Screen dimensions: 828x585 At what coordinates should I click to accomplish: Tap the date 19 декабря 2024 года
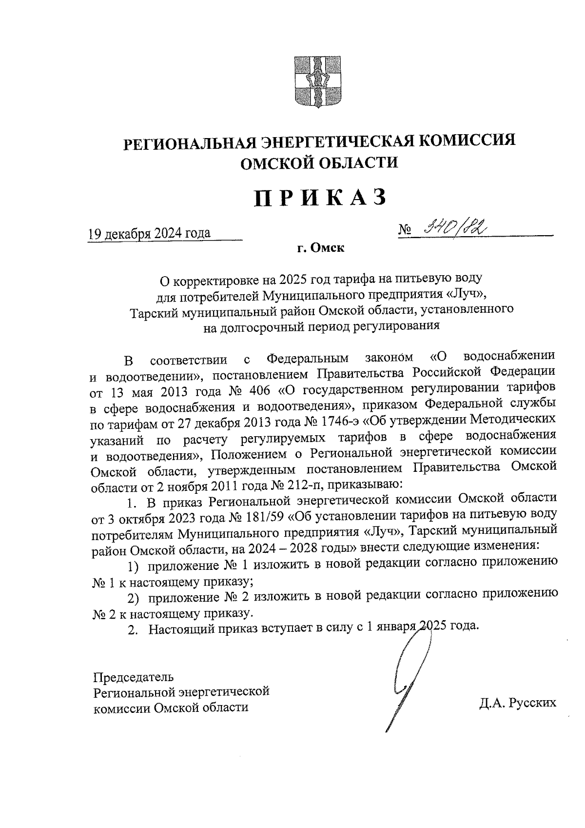click(149, 233)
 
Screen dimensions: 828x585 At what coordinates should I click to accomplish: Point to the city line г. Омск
click(321, 248)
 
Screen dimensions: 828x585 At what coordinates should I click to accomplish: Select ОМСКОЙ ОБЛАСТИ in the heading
click(320, 162)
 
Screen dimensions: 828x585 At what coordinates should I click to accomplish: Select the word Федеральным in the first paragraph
click(308, 360)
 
